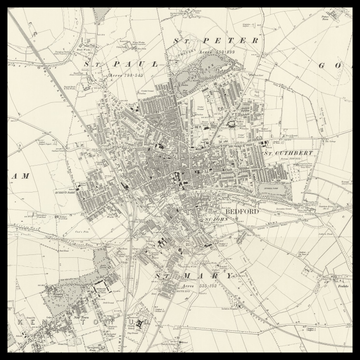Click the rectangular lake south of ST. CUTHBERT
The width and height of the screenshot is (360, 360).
[x=271, y=187]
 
